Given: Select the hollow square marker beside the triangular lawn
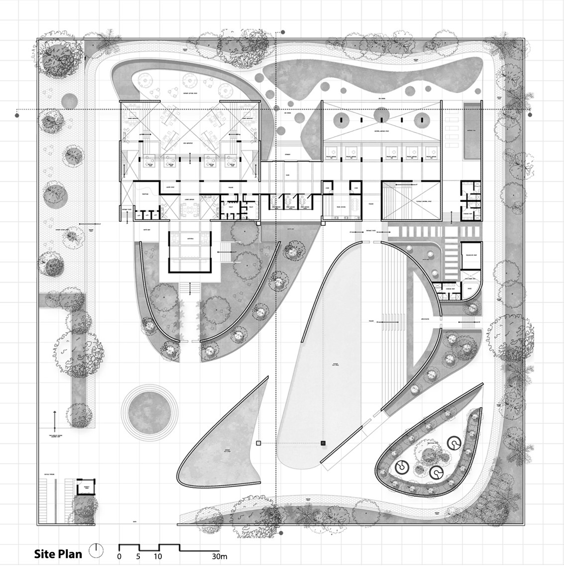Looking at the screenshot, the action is pos(258,442).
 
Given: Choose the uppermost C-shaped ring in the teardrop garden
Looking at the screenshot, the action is pos(454,442).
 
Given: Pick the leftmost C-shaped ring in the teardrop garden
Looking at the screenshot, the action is pos(401,467).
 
